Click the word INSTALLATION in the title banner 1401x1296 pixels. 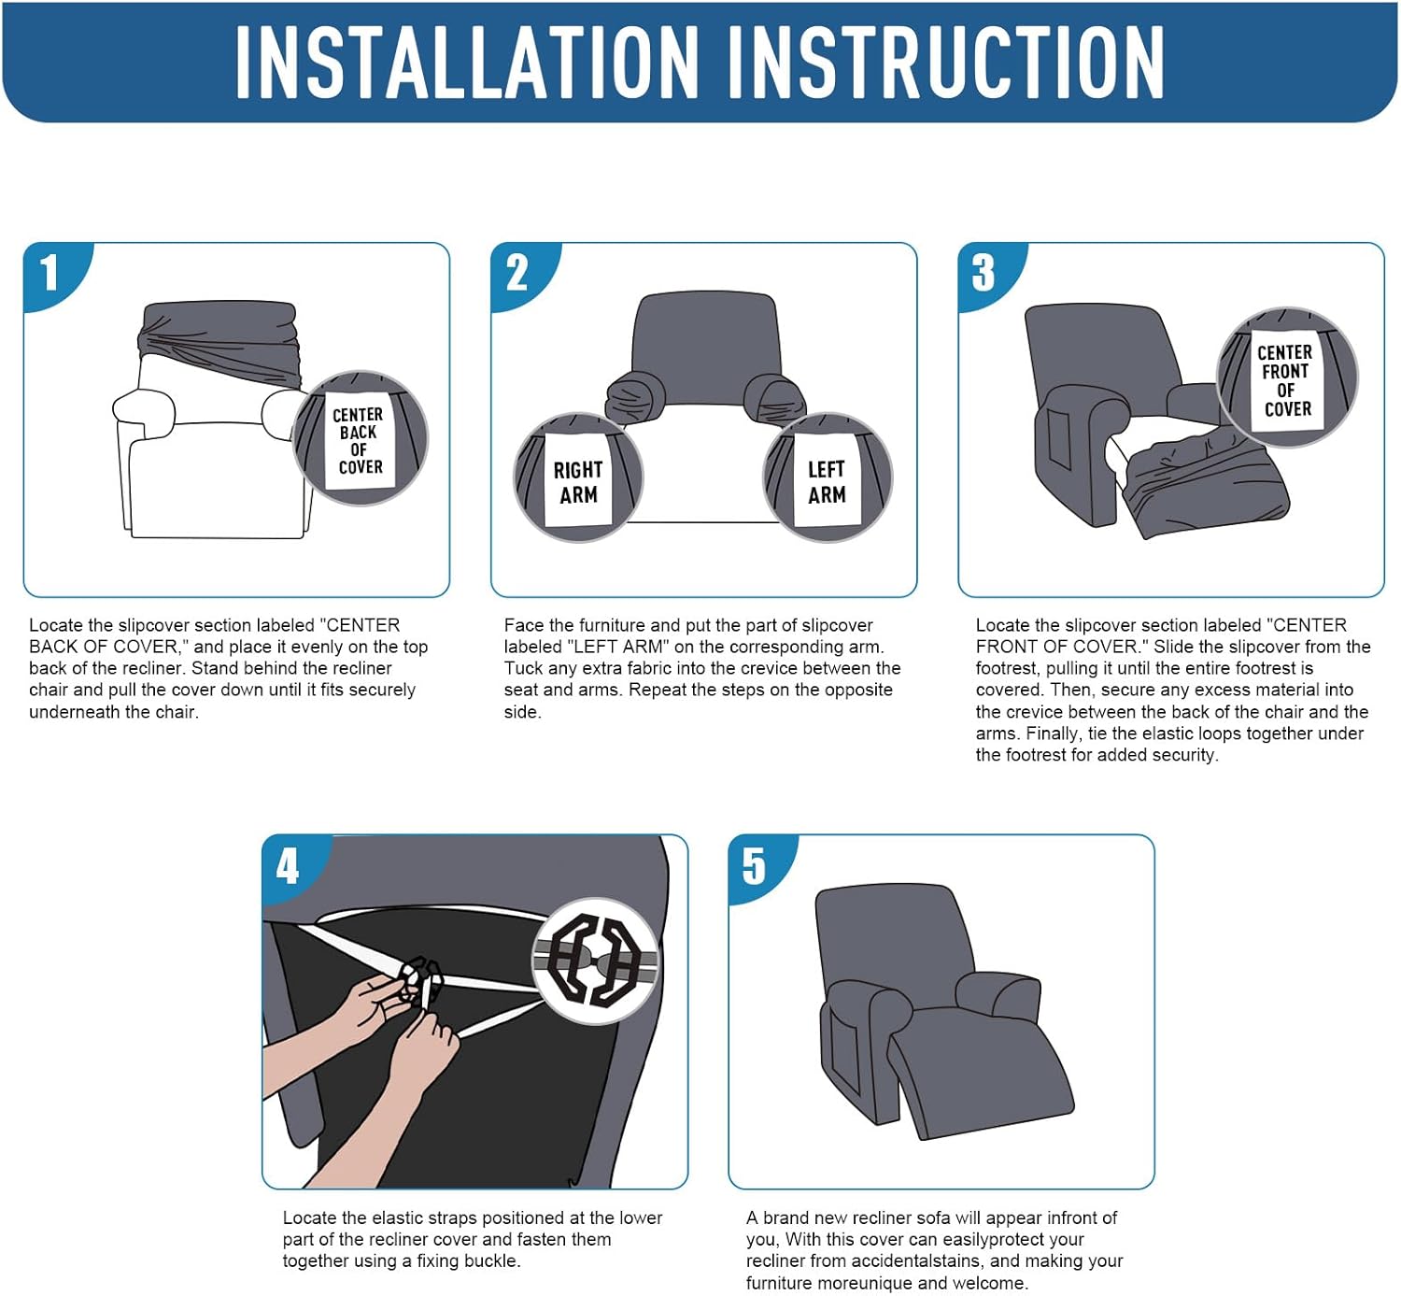click(467, 62)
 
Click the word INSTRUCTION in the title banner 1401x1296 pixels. click(946, 62)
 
